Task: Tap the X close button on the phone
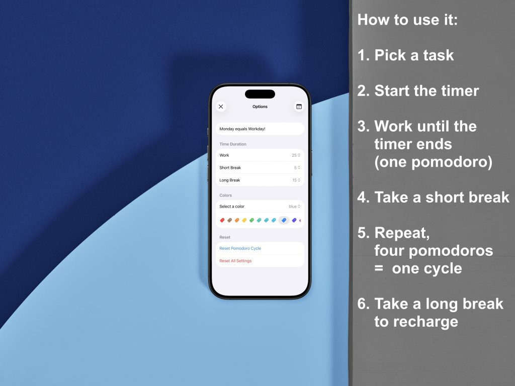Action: coord(221,107)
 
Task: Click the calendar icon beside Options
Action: coord(299,107)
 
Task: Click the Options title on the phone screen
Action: coord(260,107)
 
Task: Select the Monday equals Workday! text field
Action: coord(260,129)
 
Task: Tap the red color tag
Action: coord(222,220)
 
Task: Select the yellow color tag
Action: coord(244,220)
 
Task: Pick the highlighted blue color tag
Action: coord(284,220)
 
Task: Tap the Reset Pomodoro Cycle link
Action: coord(240,248)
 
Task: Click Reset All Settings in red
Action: coord(235,261)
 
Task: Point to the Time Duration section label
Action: coord(233,144)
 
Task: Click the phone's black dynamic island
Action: coord(260,94)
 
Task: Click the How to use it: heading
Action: coord(407,20)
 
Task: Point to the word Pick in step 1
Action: coord(389,55)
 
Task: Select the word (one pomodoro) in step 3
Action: coord(433,162)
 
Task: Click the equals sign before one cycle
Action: coord(379,268)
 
